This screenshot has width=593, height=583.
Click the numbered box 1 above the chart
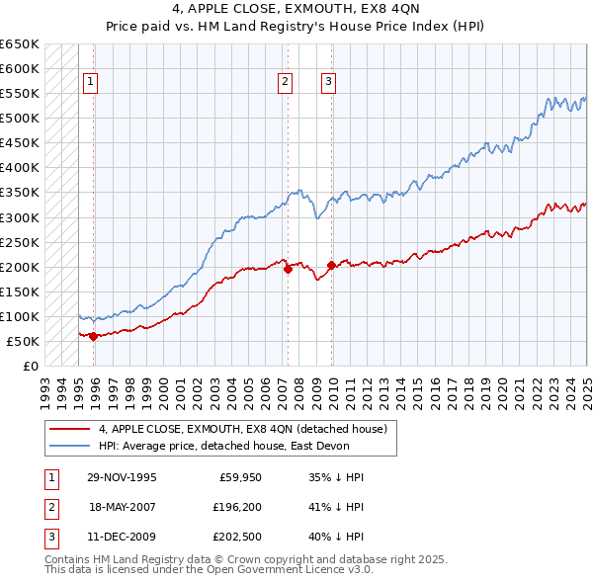pos(90,83)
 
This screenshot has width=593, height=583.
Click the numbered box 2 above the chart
pos(285,83)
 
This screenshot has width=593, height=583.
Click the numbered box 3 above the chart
pos(328,83)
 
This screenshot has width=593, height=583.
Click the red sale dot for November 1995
pos(93,336)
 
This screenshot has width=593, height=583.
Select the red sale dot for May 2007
pos(288,268)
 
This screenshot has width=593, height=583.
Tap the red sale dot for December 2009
pos(331,265)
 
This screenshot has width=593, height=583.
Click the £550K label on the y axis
pos(20,94)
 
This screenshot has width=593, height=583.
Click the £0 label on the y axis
pos(30,366)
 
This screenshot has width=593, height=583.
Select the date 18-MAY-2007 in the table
pos(123,508)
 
